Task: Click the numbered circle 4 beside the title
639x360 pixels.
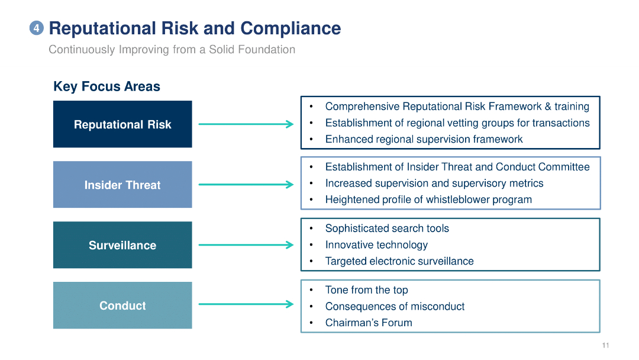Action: (x=37, y=28)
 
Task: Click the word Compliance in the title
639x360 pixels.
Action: (x=290, y=28)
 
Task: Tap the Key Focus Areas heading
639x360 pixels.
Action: (x=106, y=86)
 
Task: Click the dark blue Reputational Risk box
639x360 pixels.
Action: (x=122, y=124)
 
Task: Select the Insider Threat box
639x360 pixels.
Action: (x=122, y=185)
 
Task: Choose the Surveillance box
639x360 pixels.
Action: (x=122, y=245)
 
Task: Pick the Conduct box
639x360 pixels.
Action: (x=122, y=306)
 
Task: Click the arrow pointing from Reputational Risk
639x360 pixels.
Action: (x=246, y=124)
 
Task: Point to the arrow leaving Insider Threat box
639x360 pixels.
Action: (x=246, y=185)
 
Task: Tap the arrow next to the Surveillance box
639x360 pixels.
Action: (x=246, y=245)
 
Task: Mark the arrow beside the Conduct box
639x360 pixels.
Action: (x=246, y=305)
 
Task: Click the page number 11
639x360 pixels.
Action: (x=605, y=346)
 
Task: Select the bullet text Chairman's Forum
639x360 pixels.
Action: (x=368, y=323)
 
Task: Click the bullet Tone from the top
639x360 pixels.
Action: (x=366, y=290)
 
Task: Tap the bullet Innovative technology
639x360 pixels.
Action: (x=376, y=245)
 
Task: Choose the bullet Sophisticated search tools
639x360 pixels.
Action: (x=387, y=229)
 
